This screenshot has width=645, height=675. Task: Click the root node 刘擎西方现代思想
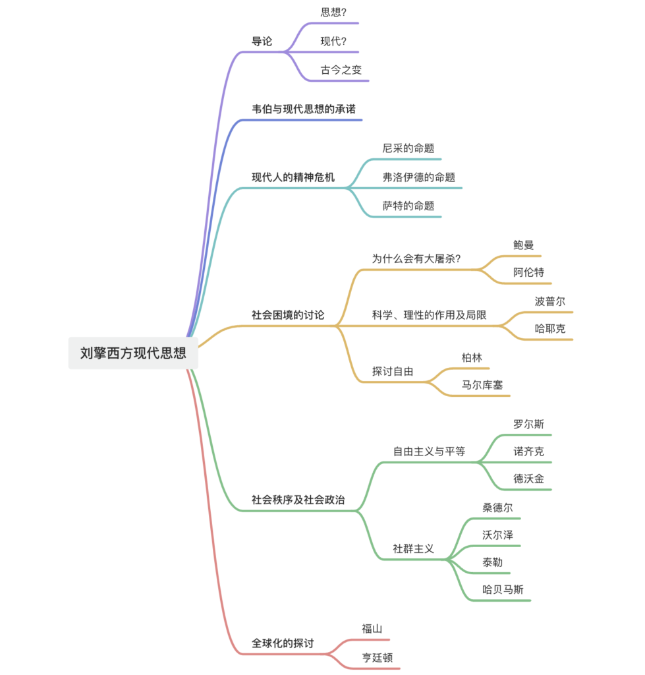(x=133, y=353)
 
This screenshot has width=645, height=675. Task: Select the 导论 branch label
(x=262, y=42)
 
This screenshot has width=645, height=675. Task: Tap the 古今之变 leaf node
(x=341, y=70)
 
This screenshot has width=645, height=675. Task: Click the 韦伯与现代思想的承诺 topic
(x=303, y=109)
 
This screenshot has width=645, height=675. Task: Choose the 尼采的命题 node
(x=408, y=148)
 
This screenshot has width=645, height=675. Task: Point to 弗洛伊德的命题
(x=418, y=177)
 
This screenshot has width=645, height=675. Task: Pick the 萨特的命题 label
(x=408, y=206)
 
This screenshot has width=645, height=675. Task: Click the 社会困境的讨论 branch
(x=288, y=315)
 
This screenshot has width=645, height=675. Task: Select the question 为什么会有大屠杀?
(x=416, y=258)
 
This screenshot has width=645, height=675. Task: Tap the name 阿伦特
(x=528, y=272)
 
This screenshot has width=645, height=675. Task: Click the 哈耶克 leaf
(x=550, y=329)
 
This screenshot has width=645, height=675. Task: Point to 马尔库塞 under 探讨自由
(x=482, y=385)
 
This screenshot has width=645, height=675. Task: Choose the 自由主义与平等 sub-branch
(x=429, y=451)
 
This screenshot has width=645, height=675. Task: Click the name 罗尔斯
(x=528, y=424)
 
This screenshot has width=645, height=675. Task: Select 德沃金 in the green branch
(x=528, y=479)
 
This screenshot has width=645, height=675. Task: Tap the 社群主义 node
(x=413, y=548)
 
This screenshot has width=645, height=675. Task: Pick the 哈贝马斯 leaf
(x=503, y=589)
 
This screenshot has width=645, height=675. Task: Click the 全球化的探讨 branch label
(x=283, y=643)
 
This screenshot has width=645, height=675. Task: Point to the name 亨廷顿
(x=377, y=657)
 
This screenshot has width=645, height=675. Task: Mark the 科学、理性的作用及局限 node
(x=429, y=315)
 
